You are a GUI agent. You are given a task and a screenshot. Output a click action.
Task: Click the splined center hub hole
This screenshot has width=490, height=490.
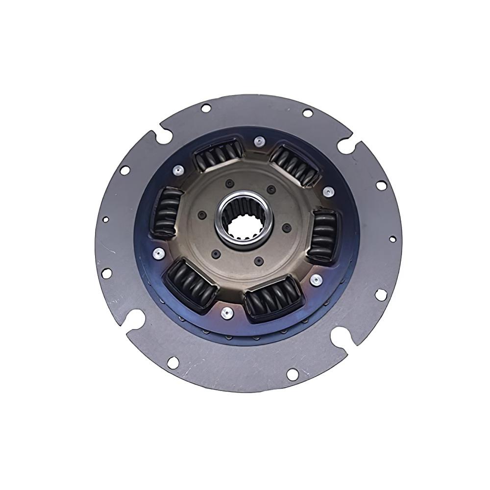245,220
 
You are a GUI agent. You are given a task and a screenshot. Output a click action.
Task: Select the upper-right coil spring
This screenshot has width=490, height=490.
295,164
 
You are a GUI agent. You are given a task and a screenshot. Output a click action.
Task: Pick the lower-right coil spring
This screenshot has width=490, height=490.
273,297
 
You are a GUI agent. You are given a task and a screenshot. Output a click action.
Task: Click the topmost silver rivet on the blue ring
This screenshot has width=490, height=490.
258,142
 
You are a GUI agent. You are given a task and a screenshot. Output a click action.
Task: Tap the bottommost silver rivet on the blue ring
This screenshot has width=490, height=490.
226,313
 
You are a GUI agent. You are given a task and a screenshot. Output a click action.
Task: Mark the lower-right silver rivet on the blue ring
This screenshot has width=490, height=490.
317,279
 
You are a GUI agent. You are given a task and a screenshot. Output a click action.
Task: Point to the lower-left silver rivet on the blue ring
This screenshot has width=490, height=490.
159,253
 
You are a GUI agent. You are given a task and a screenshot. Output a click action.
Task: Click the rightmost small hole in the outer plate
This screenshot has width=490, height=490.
392,239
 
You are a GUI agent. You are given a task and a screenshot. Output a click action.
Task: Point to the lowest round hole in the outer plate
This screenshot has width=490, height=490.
292,374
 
